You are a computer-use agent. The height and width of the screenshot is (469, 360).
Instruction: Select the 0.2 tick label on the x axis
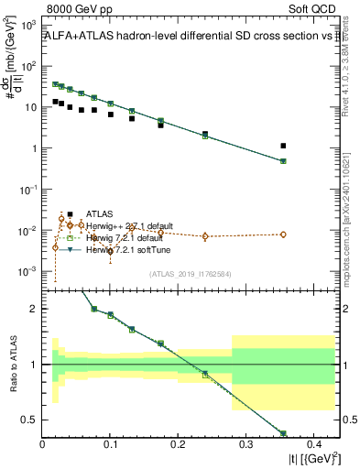click(178, 445)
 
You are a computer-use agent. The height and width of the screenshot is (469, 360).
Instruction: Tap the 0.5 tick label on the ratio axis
click(32, 420)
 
